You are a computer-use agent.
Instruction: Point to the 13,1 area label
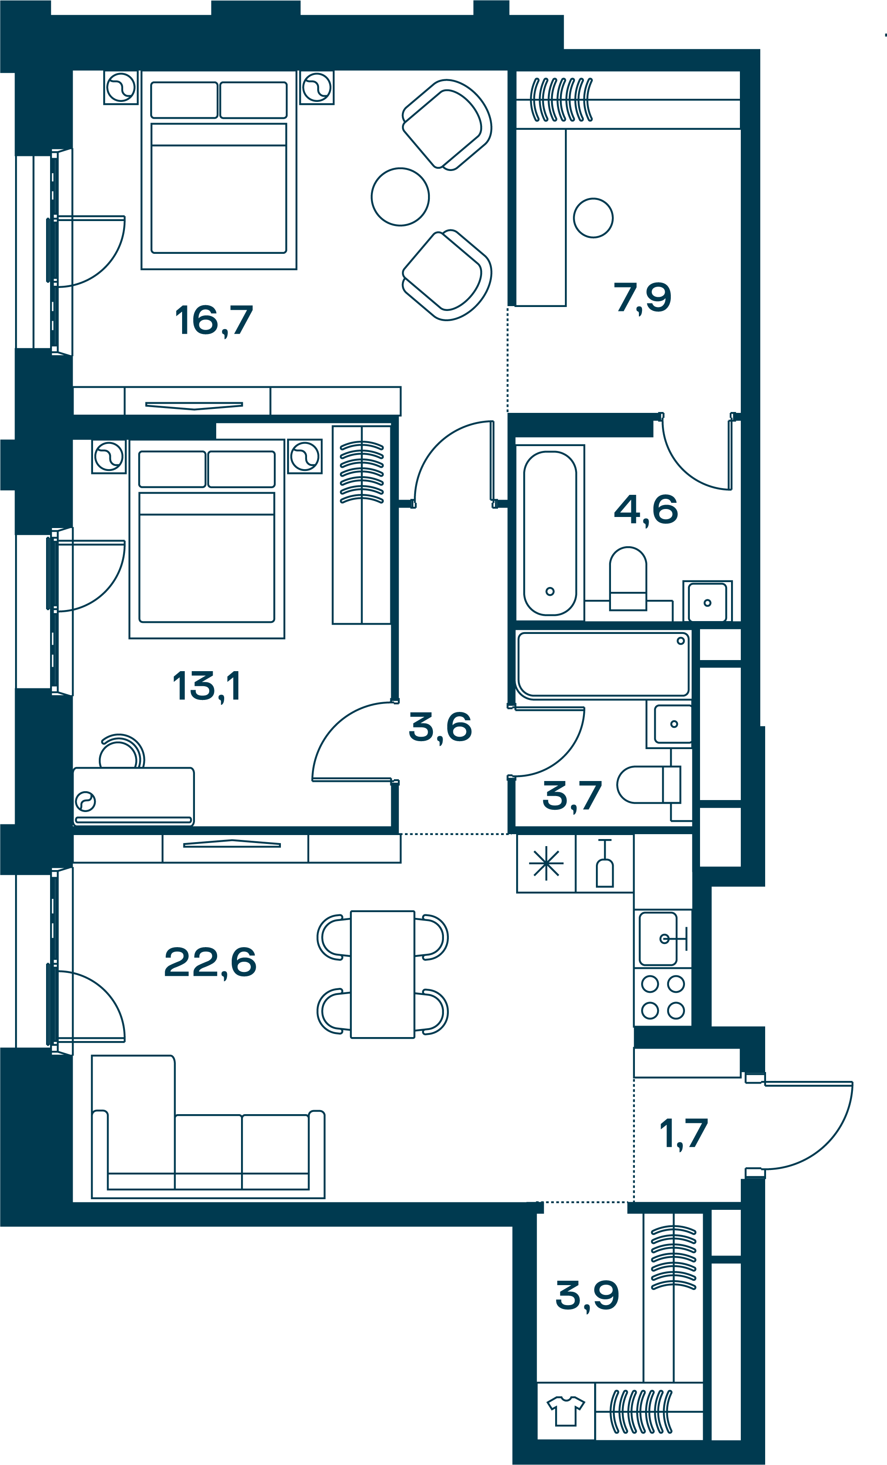click(206, 686)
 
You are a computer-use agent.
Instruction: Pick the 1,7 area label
click(684, 1134)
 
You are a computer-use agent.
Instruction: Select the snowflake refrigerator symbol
click(546, 864)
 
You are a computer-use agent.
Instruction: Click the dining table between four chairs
click(382, 975)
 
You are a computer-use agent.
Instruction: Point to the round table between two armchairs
click(400, 197)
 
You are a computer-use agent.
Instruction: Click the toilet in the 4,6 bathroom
click(628, 579)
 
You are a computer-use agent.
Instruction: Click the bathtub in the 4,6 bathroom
click(550, 533)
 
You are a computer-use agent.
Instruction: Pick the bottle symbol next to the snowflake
click(605, 863)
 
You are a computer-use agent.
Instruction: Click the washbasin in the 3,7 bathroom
click(673, 724)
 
